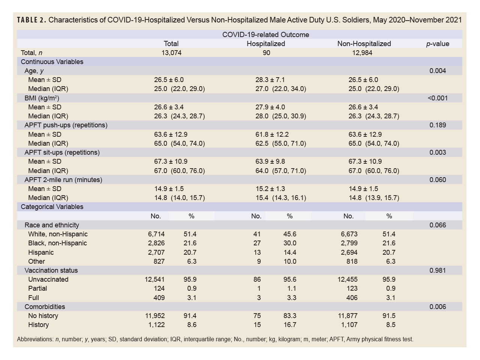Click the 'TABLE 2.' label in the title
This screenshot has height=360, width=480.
pyautogui.click(x=31, y=20)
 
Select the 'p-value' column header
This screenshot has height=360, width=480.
pyautogui.click(x=437, y=44)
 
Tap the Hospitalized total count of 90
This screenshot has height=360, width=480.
pyautogui.click(x=266, y=53)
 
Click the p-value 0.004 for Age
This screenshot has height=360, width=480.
pyautogui.click(x=438, y=71)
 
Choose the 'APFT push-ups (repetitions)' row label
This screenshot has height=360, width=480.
pyautogui.click(x=66, y=125)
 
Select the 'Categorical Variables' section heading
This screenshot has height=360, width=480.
pyautogui.click(x=52, y=207)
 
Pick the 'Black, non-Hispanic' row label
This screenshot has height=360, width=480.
pyautogui.click(x=57, y=243)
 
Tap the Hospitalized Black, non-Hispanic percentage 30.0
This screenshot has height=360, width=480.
pyautogui.click(x=289, y=243)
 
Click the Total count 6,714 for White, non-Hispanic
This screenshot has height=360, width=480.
pyautogui.click(x=156, y=234)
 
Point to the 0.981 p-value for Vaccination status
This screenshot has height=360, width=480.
pyautogui.click(x=438, y=270)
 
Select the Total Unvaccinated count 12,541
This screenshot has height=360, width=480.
pyautogui.click(x=154, y=279)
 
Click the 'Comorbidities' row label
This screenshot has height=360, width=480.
pyautogui.click(x=45, y=307)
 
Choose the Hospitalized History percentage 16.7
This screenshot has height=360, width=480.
pyautogui.click(x=290, y=325)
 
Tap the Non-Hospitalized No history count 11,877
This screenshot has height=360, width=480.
pyautogui.click(x=348, y=316)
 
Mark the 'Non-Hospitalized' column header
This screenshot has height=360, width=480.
pyautogui.click(x=364, y=44)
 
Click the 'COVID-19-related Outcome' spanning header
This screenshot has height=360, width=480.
pyautogui.click(x=265, y=35)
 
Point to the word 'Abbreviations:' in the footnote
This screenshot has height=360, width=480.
pyautogui.click(x=35, y=339)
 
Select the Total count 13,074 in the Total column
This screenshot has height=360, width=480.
pyautogui.click(x=171, y=53)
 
